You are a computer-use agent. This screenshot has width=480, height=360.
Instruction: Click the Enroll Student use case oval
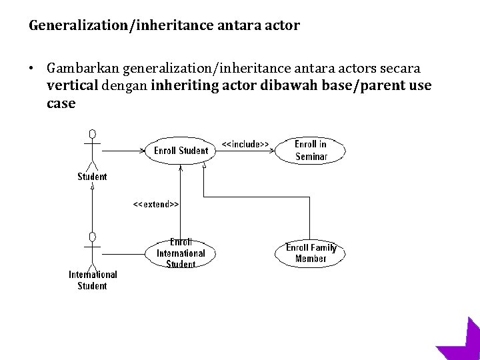click(x=180, y=151)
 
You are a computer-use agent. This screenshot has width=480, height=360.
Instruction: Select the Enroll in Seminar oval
click(x=311, y=151)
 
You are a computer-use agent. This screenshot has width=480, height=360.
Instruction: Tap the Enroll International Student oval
click(x=180, y=253)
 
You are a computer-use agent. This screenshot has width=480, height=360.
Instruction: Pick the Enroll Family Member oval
click(x=310, y=253)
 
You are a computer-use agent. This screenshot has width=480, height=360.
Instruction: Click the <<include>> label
click(x=245, y=144)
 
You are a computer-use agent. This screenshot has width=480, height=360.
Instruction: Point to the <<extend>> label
click(x=156, y=205)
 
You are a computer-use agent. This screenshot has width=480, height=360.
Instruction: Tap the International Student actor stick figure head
click(x=93, y=237)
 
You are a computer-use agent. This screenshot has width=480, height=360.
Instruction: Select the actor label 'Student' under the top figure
click(x=92, y=177)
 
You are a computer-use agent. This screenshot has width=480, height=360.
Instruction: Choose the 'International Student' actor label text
click(x=93, y=280)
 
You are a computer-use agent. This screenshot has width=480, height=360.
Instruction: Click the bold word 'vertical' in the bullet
click(x=73, y=86)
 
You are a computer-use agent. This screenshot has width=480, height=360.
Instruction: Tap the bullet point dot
click(x=31, y=69)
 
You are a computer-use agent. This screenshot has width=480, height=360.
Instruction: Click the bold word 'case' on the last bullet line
click(x=61, y=103)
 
